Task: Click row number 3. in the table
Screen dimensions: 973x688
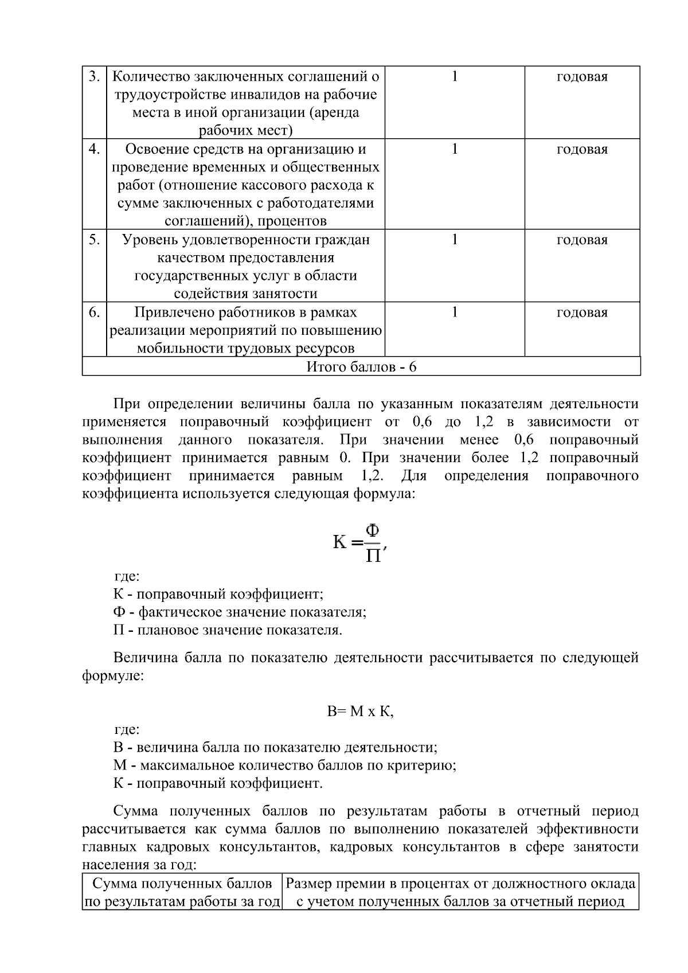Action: click(x=95, y=77)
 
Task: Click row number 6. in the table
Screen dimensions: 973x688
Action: click(x=95, y=312)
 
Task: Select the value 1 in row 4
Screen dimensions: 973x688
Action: click(x=455, y=150)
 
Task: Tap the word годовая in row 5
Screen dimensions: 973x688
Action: click(x=582, y=240)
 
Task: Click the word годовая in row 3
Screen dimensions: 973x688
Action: click(x=582, y=77)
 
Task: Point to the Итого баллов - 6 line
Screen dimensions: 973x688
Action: click(x=361, y=367)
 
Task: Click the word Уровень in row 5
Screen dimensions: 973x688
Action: click(x=150, y=240)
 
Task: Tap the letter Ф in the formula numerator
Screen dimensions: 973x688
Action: click(x=373, y=530)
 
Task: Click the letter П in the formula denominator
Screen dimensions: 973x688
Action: click(x=373, y=556)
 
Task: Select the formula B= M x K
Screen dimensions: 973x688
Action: click(x=360, y=712)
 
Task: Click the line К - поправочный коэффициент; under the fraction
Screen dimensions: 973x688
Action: click(x=218, y=594)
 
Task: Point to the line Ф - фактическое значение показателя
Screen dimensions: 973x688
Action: click(x=240, y=612)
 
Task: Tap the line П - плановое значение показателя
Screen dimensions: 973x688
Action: click(x=228, y=630)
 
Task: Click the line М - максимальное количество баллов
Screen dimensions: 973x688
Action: click(x=284, y=765)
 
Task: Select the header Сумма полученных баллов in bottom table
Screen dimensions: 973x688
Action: click(x=182, y=884)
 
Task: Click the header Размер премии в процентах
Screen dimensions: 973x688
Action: click(x=460, y=884)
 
